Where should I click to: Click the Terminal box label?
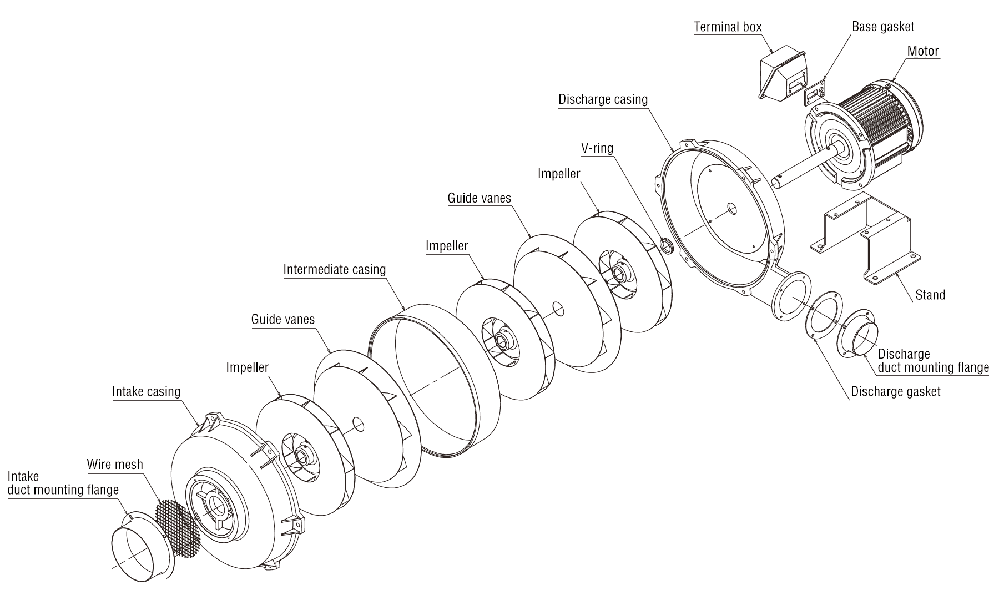click(x=728, y=27)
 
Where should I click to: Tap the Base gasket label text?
click(x=882, y=27)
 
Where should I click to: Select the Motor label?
click(x=922, y=51)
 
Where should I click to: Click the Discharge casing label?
click(x=603, y=99)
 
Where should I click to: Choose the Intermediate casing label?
click(x=334, y=269)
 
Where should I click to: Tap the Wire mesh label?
click(x=115, y=464)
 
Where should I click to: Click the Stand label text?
click(x=930, y=295)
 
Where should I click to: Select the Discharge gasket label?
click(x=895, y=391)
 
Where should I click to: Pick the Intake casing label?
click(x=146, y=391)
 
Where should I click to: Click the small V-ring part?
click(x=665, y=245)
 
